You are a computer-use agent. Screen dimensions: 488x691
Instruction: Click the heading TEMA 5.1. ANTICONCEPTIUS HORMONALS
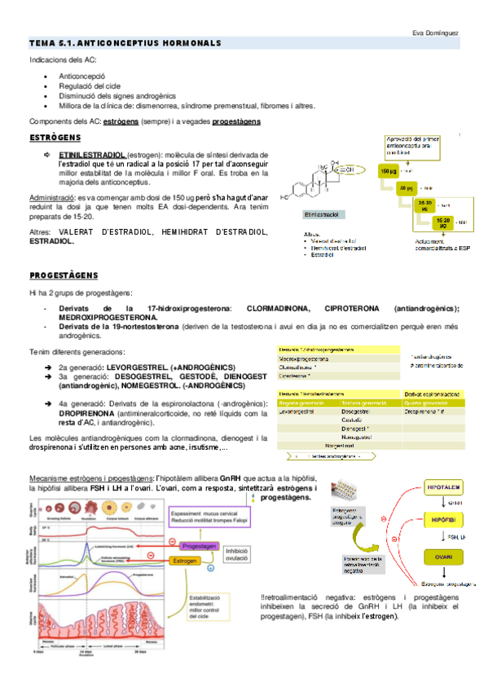pos(125,42)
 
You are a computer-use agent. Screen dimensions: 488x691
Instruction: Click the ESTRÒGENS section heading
pos(55,138)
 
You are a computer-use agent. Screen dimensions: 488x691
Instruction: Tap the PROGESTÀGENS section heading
pos(64,275)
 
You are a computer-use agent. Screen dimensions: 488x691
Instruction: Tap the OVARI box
pos(443,556)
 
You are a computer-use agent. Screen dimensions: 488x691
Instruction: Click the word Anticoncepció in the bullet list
pos(82,74)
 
